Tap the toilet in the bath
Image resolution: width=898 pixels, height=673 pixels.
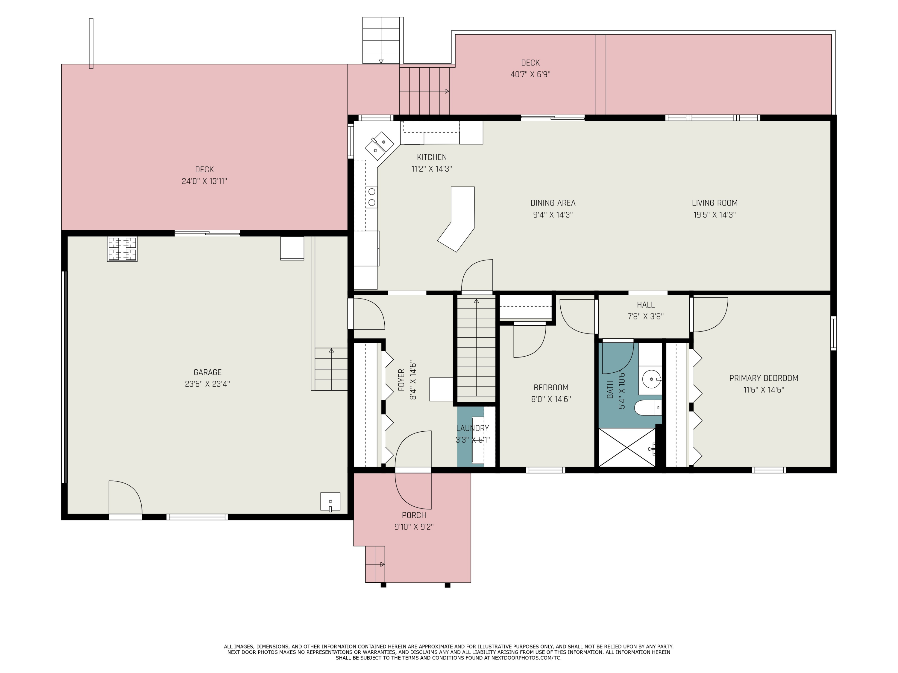[x=648, y=407]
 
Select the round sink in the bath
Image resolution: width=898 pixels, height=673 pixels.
[x=651, y=379]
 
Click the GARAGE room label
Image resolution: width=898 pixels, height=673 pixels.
[x=207, y=372]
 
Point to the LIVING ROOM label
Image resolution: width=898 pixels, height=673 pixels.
[x=715, y=203]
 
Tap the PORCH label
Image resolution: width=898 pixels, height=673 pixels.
[x=414, y=515]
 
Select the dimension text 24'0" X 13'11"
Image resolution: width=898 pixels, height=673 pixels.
[x=204, y=181]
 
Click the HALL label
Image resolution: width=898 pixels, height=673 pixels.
[x=645, y=305]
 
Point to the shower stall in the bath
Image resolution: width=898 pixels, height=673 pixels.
[x=627, y=447]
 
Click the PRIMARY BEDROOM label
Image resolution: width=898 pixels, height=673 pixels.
[x=764, y=378]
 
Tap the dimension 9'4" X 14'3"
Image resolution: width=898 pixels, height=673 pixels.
[x=553, y=214]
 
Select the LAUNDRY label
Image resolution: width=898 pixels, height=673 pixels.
[x=473, y=428]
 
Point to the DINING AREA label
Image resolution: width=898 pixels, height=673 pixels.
[x=553, y=203]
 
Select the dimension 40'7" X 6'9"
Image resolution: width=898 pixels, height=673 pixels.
[x=530, y=74]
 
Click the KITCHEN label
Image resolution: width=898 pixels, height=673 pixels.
[x=432, y=157]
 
